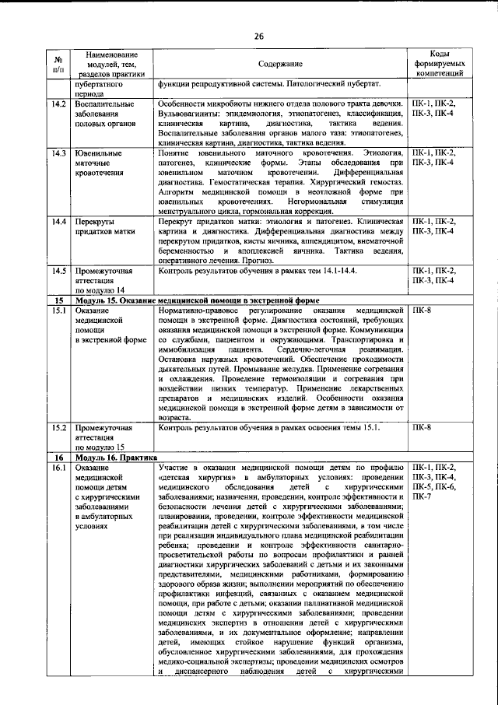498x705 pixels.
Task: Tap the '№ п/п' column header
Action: click(58, 65)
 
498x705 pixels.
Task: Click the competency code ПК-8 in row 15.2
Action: click(424, 427)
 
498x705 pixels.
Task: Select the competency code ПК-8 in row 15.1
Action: click(424, 310)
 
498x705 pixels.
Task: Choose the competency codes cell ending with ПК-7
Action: click(440, 482)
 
